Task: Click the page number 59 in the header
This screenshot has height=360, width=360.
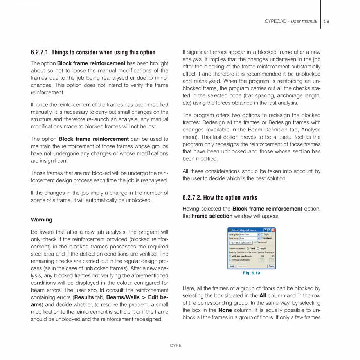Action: pyautogui.click(x=327, y=21)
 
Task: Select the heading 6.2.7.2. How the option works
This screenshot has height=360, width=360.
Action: pyautogui.click(x=220, y=198)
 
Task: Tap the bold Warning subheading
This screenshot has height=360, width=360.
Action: pyautogui.click(x=41, y=220)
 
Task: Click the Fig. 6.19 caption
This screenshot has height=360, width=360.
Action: pyautogui.click(x=251, y=273)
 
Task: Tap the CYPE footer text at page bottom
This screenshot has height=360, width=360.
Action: pyautogui.click(x=176, y=346)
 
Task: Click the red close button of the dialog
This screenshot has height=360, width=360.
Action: pyautogui.click(x=273, y=230)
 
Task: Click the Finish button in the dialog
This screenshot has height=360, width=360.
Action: pyautogui.click(x=271, y=266)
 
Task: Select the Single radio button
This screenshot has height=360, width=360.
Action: pyautogui.click(x=262, y=234)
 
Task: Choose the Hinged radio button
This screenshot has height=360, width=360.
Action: pyautogui.click(x=258, y=248)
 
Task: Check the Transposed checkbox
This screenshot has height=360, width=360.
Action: pyautogui.click(x=255, y=242)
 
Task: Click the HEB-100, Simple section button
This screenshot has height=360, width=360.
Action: pyautogui.click(x=241, y=243)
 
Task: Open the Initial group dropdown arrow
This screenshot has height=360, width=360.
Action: pyautogui.click(x=259, y=234)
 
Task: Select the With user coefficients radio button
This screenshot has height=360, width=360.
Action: pyautogui.click(x=230, y=260)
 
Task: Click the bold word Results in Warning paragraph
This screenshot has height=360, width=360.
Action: pyautogui.click(x=84, y=297)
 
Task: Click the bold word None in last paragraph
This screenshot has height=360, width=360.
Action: pyautogui.click(x=225, y=310)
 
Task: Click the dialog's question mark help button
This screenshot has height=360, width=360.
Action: pyautogui.click(x=269, y=230)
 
